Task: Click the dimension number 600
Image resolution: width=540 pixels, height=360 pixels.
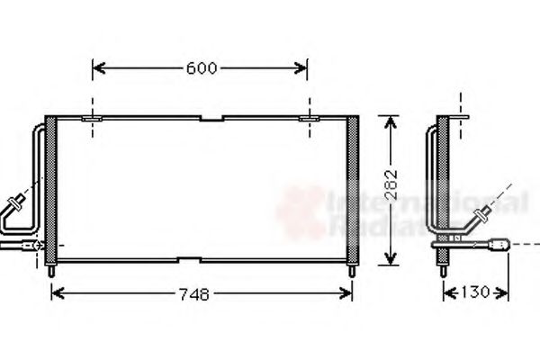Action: [201, 68]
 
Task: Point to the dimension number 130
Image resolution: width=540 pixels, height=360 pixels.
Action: [474, 293]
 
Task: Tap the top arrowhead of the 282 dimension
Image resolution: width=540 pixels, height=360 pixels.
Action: [388, 121]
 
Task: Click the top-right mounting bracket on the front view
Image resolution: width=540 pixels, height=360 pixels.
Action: [309, 117]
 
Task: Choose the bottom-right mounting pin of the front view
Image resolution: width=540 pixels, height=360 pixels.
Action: [352, 269]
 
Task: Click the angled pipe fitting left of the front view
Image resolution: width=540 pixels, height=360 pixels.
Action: [16, 203]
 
